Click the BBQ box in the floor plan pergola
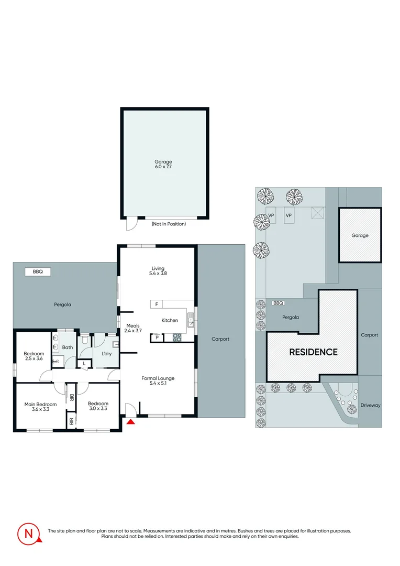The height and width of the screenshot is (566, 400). [38, 271]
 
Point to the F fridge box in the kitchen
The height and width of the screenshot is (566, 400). [156, 304]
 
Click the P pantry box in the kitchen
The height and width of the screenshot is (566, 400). [157, 338]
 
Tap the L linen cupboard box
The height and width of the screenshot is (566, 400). [84, 363]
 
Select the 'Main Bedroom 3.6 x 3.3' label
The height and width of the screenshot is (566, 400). [40, 406]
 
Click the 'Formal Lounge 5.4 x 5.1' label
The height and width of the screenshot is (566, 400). [158, 380]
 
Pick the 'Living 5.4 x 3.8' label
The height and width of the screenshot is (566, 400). [158, 270]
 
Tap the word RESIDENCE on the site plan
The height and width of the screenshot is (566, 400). [314, 352]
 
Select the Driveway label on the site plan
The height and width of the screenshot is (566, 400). [370, 405]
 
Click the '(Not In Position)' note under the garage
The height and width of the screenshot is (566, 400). [169, 224]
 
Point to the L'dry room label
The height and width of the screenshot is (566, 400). [106, 354]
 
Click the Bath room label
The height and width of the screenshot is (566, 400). [68, 347]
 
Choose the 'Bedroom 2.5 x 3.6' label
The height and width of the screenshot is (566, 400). [34, 356]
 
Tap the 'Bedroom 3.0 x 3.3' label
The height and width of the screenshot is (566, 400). [98, 406]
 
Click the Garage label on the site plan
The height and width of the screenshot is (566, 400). [360, 235]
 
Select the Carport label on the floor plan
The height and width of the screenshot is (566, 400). [220, 339]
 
